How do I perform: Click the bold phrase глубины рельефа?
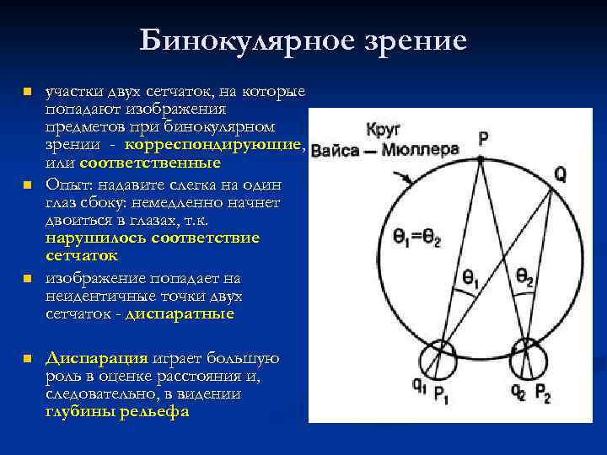(x=116, y=412)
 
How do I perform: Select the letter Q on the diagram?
(x=561, y=174)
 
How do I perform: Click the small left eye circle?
(x=438, y=354)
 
